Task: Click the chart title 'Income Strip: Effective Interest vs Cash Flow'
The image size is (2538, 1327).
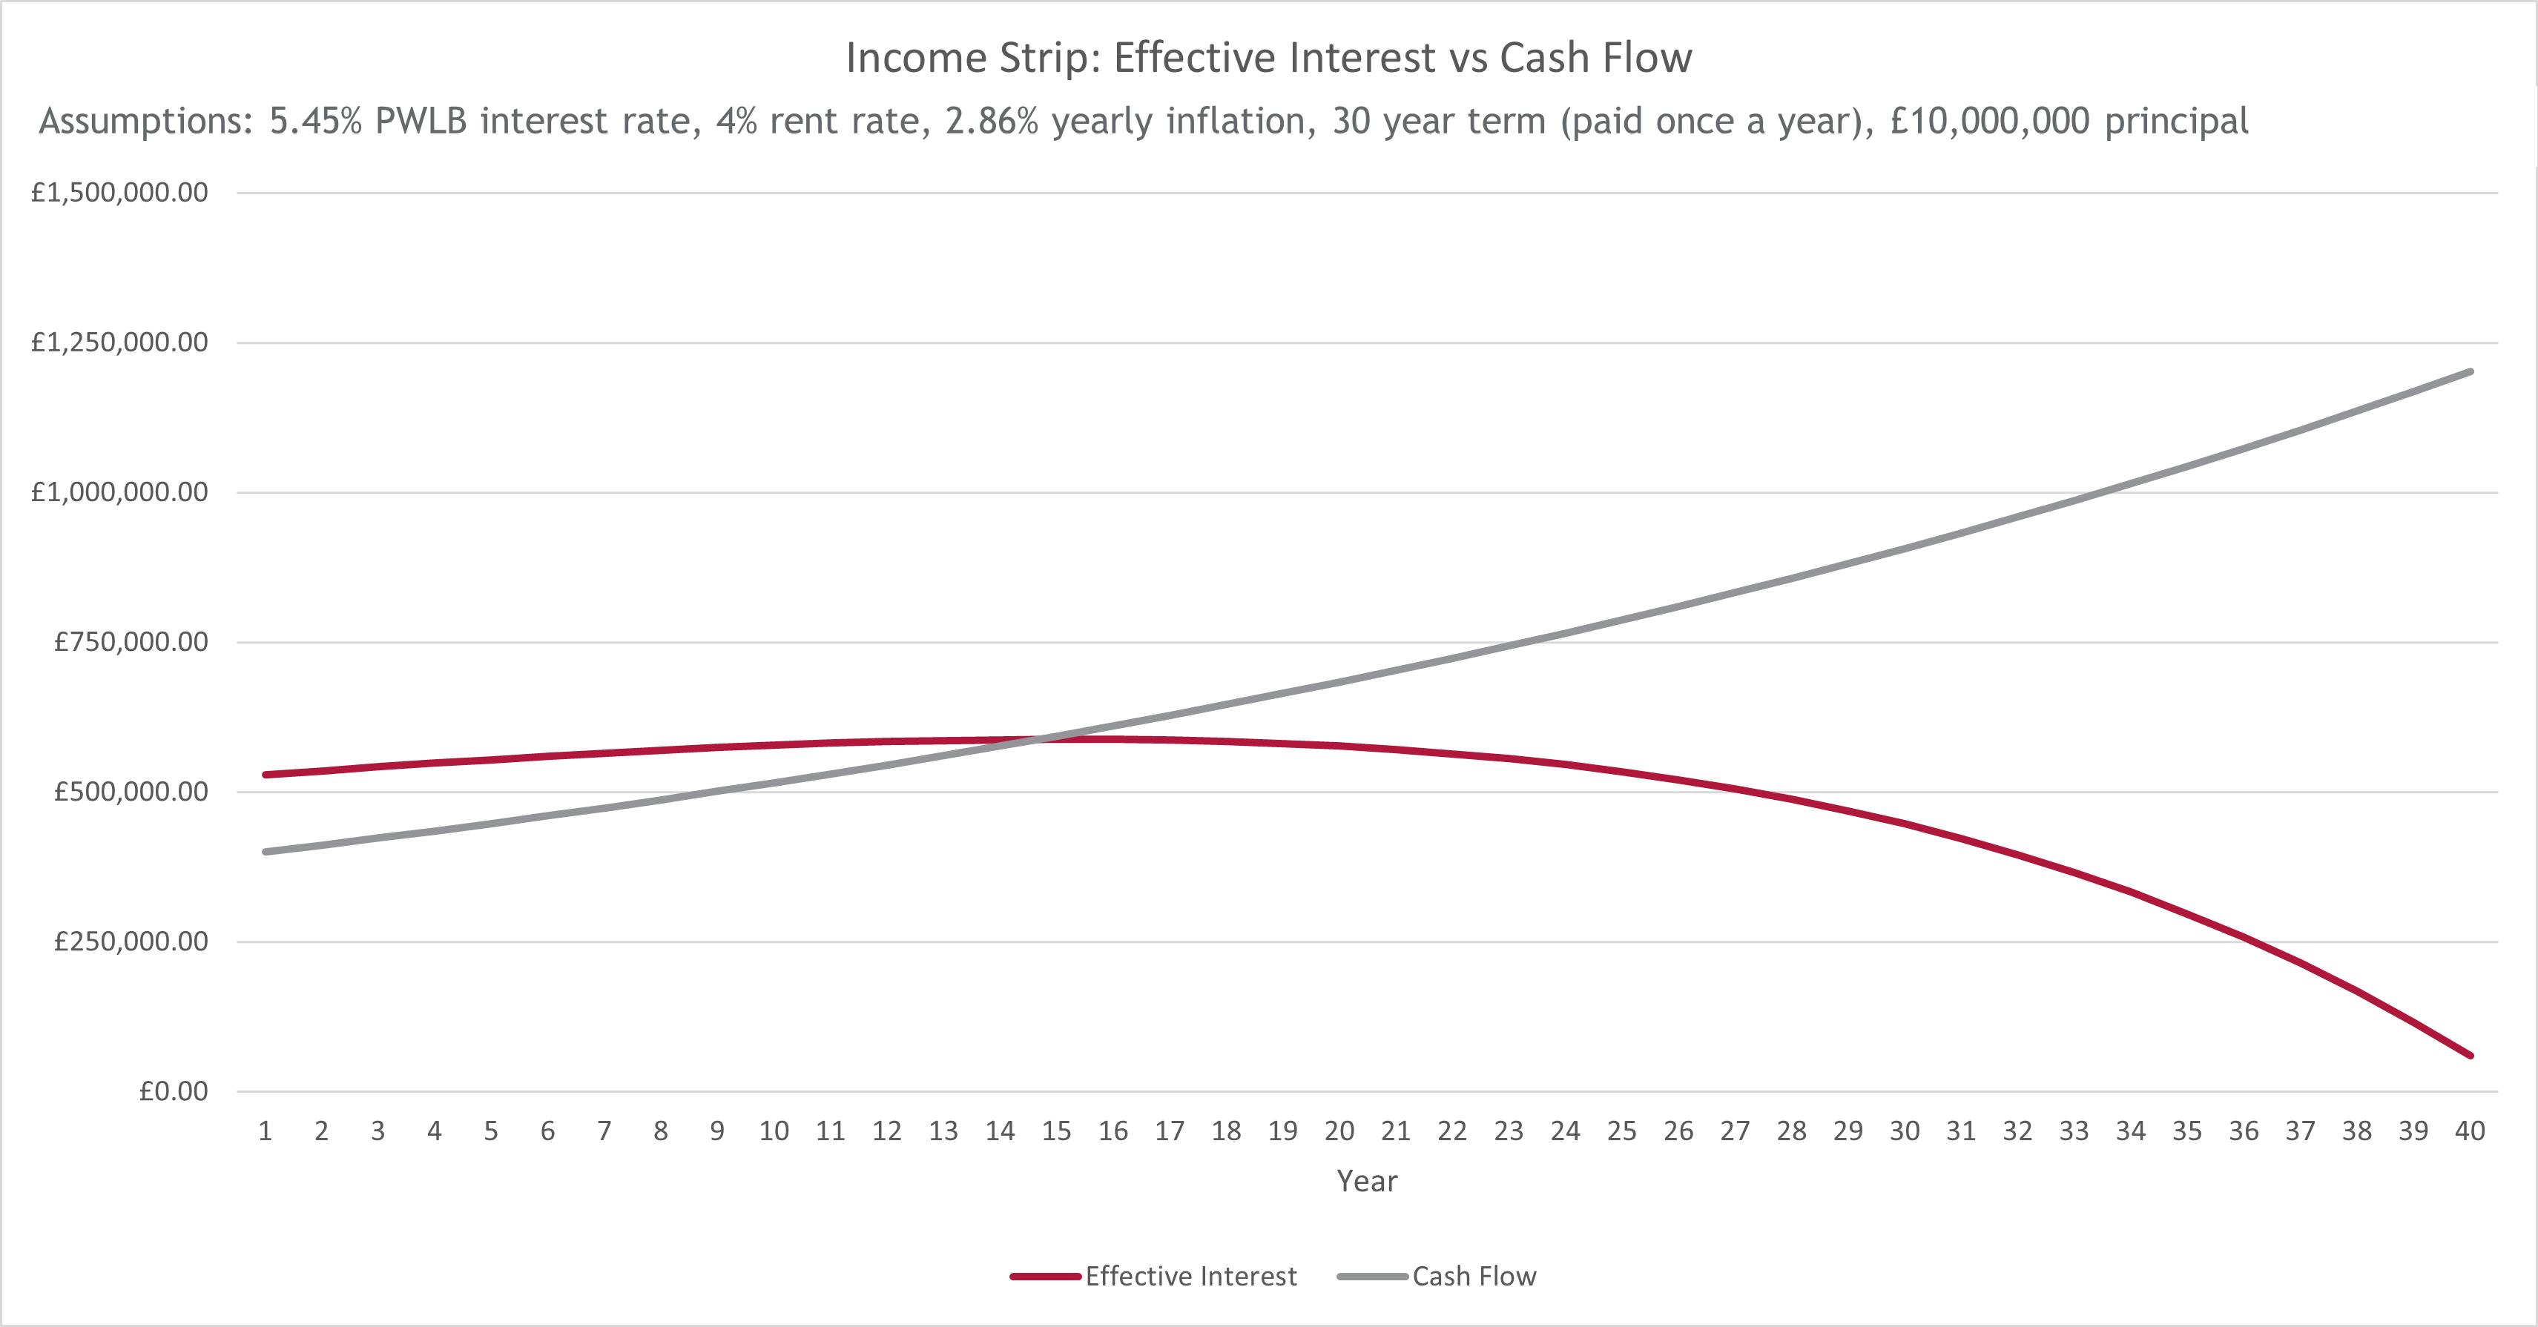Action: click(1269, 58)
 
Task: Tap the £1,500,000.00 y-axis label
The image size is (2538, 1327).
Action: click(119, 192)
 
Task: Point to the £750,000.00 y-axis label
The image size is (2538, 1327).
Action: click(131, 642)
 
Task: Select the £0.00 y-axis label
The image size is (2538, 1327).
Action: click(174, 1091)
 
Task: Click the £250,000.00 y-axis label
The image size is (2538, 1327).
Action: click(131, 942)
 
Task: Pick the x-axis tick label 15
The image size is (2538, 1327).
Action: click(1056, 1131)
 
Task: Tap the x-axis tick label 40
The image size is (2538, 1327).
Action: click(2469, 1131)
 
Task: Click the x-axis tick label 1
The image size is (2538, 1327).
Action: click(265, 1131)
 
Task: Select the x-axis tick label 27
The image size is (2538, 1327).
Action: click(1734, 1131)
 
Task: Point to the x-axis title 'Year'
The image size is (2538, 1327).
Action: click(1367, 1181)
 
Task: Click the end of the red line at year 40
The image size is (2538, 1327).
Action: click(2470, 1055)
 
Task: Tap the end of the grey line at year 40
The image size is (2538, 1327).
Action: click(2470, 371)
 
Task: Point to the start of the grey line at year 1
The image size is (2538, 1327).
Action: click(265, 851)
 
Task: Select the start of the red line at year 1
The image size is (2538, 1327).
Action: click(265, 774)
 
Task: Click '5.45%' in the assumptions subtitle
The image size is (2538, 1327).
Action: click(315, 121)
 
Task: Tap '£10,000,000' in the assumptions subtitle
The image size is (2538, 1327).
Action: click(1989, 121)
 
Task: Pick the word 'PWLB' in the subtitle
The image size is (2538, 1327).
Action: click(421, 121)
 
